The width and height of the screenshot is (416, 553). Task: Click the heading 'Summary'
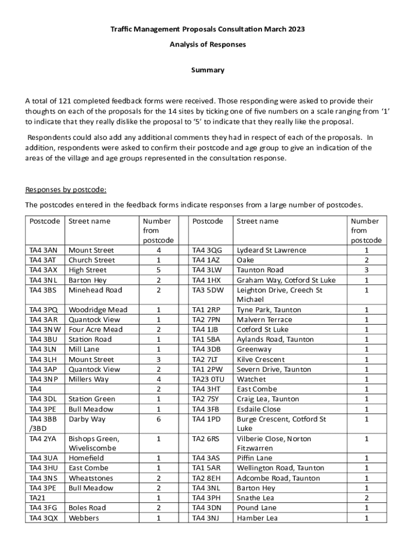point(207,70)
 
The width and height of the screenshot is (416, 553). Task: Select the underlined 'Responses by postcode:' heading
point(66,190)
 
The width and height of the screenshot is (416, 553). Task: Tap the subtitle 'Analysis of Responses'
point(207,44)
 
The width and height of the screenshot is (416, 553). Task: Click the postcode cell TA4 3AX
point(44,270)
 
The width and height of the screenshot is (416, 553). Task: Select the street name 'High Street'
point(88,270)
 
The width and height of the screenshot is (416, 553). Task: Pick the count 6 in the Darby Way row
point(158,419)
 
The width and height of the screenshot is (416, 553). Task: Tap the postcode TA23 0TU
point(208,379)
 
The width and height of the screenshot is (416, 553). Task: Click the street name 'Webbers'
point(83,518)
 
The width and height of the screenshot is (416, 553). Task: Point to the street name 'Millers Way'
point(89,379)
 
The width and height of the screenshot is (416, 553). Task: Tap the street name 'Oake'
point(246,260)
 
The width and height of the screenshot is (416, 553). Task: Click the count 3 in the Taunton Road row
point(367,270)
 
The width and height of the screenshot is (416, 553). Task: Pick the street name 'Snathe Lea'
point(256,498)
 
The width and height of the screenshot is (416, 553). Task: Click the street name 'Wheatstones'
point(91,478)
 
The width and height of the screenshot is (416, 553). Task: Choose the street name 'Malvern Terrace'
point(264,320)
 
